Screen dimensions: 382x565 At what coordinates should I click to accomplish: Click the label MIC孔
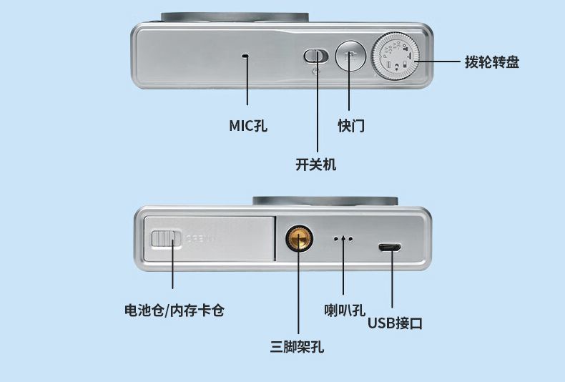248,126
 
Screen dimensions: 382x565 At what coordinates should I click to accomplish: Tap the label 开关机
315,164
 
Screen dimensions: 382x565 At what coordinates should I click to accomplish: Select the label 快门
351,126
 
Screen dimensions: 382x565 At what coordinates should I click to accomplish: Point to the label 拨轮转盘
492,62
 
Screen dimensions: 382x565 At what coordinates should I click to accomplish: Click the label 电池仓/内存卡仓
175,310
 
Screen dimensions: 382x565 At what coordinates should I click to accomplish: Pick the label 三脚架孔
297,347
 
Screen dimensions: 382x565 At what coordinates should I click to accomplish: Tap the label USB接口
395,323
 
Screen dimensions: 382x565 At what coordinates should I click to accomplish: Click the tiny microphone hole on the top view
246,55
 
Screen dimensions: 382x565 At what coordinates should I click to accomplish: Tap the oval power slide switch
316,55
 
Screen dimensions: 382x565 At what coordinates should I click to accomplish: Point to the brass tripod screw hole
298,239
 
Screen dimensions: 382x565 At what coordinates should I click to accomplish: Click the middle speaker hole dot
343,239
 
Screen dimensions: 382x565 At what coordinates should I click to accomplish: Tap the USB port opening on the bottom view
390,248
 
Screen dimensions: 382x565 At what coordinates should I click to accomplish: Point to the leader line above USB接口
391,283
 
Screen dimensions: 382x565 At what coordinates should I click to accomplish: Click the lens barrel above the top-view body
235,16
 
